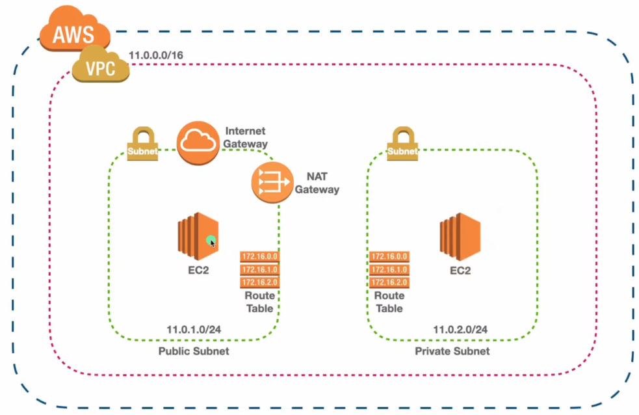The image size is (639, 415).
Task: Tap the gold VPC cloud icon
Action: [100, 67]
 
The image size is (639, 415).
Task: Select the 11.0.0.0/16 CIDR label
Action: [156, 55]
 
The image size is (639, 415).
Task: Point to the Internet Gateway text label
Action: [246, 137]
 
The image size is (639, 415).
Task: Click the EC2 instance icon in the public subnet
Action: [198, 236]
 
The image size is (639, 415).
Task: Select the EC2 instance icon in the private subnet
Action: [460, 236]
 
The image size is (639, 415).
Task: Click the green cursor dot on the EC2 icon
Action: [211, 241]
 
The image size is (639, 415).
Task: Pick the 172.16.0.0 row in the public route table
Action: [259, 256]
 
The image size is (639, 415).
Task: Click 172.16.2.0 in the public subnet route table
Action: [259, 282]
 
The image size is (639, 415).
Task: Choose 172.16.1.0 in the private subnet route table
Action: [389, 269]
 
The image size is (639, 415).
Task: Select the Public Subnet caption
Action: [194, 351]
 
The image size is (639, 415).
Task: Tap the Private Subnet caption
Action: [452, 351]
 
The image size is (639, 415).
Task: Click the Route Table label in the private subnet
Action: [389, 302]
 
